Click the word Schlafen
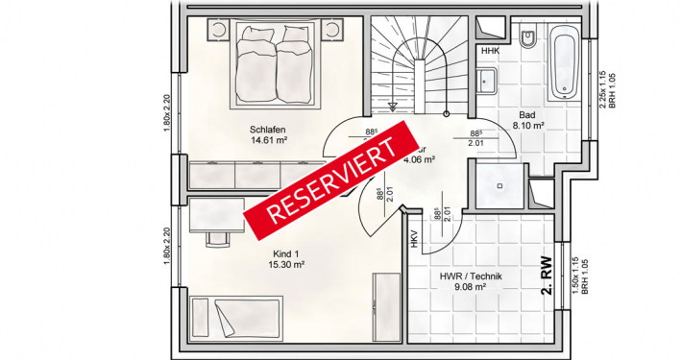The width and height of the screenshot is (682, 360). (268, 129)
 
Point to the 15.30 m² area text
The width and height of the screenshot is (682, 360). (287, 263)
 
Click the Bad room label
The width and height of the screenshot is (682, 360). (527, 114)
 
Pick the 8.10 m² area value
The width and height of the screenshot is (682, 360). (528, 125)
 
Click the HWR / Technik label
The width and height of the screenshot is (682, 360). (471, 276)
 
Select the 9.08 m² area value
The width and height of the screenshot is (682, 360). (471, 286)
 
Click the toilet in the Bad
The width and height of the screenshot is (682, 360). (528, 41)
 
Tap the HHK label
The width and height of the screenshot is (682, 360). (490, 51)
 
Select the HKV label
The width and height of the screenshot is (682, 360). (414, 240)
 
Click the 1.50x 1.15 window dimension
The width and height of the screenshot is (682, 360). (576, 276)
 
